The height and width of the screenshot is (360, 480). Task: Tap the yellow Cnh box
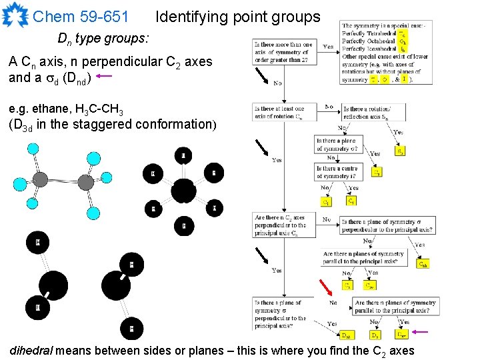point(423,264)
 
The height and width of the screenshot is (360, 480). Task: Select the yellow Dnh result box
point(347,335)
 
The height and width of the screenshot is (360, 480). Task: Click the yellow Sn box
point(399,151)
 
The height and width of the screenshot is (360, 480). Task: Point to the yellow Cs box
point(377,172)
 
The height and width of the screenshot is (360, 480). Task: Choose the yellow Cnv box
point(369,285)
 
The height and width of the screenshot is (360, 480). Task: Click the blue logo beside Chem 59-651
point(15,15)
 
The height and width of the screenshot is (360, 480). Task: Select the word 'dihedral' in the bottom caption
point(33,351)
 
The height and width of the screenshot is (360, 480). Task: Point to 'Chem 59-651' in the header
point(81,17)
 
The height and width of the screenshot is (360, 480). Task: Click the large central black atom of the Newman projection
point(183,191)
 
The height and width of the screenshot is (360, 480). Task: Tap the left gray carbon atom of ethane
point(40,179)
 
